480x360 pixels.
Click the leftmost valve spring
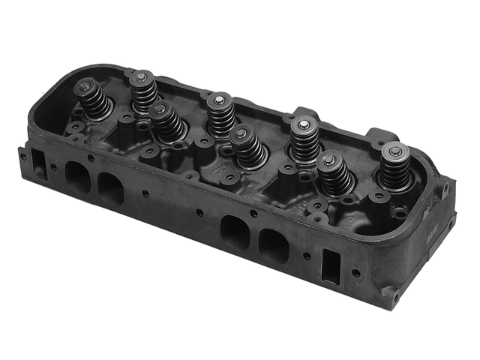[x=93, y=101]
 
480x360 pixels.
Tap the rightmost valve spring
[x=394, y=166]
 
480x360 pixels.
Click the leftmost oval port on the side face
[x=77, y=177]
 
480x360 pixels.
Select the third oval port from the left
[x=235, y=231]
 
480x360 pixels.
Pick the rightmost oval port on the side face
[x=272, y=244]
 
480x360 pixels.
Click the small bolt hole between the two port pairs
[x=199, y=212]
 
